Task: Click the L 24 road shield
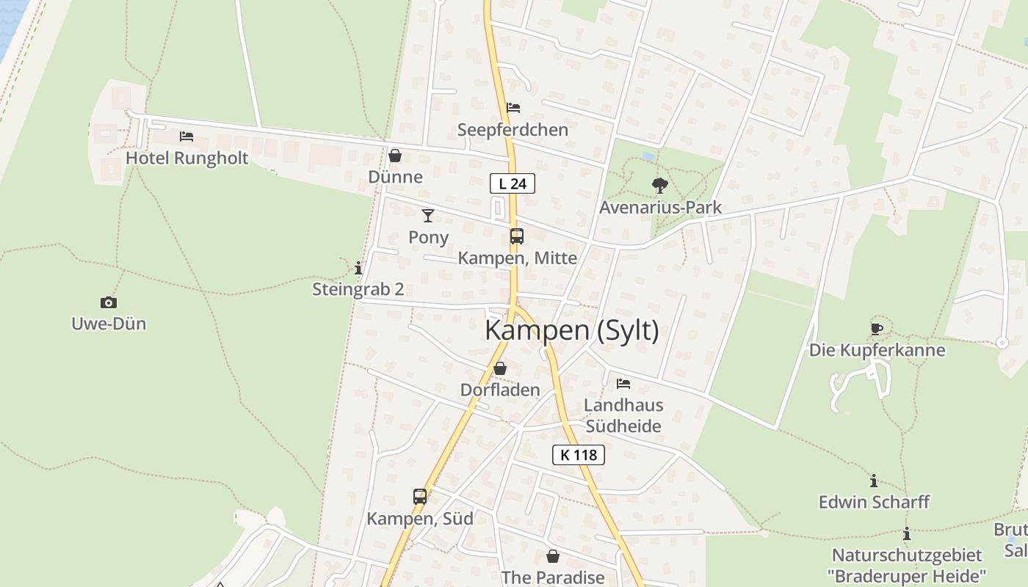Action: point(512,183)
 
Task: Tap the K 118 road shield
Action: point(578,455)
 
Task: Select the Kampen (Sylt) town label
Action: point(571,331)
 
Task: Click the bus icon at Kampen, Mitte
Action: point(517,236)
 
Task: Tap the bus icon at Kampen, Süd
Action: point(420,496)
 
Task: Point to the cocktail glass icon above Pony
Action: point(428,215)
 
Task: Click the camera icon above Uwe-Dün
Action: point(109,302)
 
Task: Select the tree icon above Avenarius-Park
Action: point(659,186)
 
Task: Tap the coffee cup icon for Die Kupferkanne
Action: point(876,329)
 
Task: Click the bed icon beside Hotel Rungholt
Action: point(187,136)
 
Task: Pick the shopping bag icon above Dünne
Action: point(395,156)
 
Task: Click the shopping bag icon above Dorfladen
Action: point(500,368)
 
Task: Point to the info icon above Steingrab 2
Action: point(358,268)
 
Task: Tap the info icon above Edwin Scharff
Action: point(874,481)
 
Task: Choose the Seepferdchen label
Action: point(513,130)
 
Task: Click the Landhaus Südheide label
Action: point(623,415)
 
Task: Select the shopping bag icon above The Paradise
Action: point(552,556)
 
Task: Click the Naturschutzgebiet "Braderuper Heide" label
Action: point(907,565)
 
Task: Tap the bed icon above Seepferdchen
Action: point(513,108)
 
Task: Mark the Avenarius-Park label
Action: point(660,208)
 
